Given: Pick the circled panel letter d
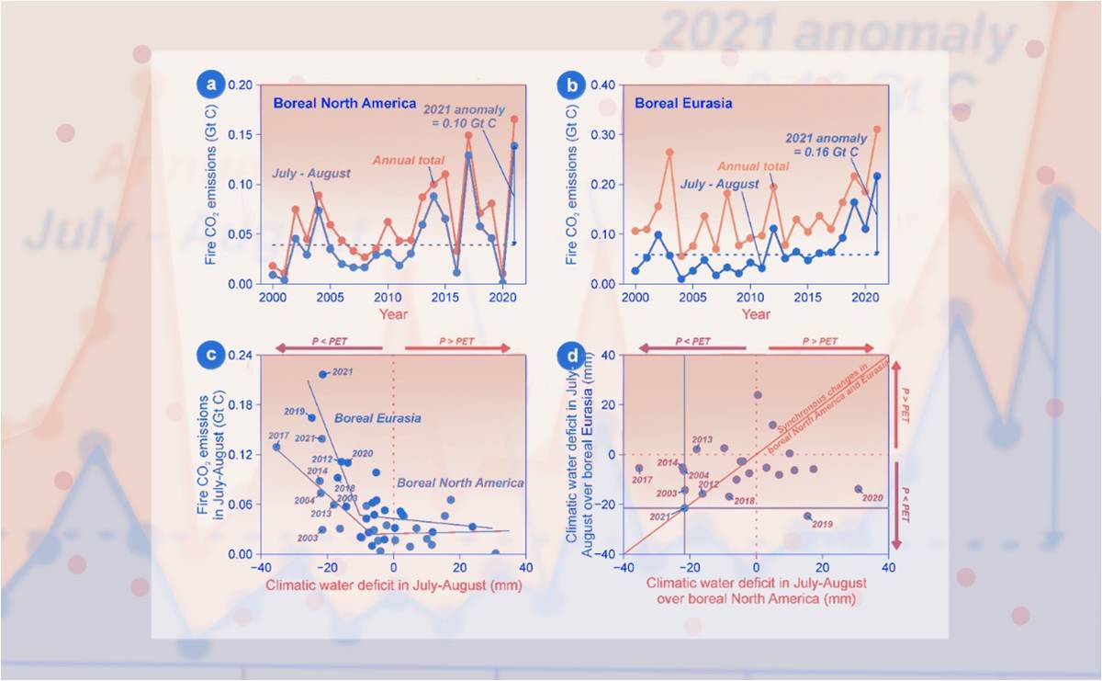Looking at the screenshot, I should click(x=571, y=352).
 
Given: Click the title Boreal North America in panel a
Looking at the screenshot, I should click(x=344, y=104).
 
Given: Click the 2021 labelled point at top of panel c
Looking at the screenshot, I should click(x=323, y=374).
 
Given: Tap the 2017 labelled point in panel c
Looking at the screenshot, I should click(x=275, y=447).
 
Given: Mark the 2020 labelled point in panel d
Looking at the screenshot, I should click(x=859, y=489).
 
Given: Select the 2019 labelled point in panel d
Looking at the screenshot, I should click(x=807, y=516).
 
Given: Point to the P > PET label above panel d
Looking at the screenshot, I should click(x=817, y=342).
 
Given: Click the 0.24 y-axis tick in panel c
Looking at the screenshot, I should click(x=237, y=356).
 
